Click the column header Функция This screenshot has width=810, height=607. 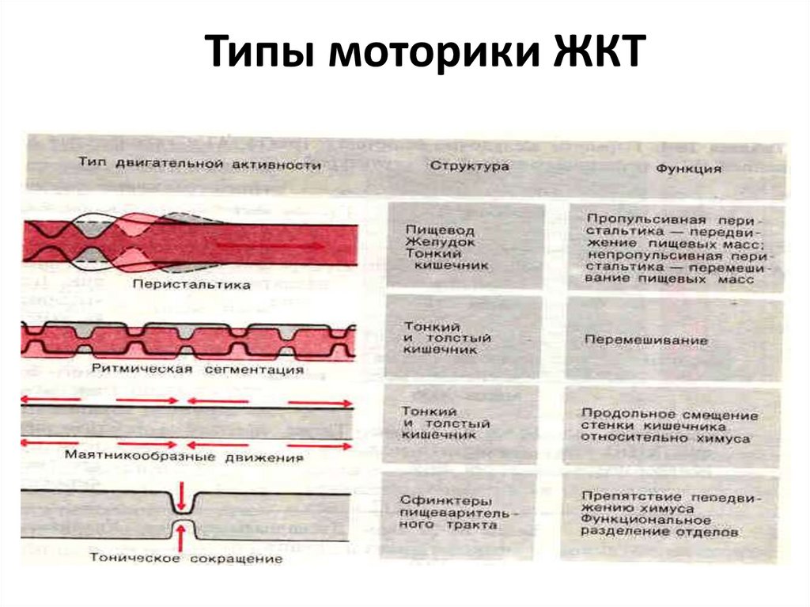pos(688,169)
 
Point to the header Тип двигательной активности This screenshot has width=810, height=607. pos(200,165)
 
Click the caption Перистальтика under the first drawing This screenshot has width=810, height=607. pos(192,283)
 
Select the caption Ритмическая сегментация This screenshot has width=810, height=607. pos(198,370)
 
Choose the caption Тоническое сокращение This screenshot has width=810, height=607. pos(186,559)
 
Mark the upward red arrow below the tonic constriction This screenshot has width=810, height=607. pos(182,538)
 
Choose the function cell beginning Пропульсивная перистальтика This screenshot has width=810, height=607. pos(673,248)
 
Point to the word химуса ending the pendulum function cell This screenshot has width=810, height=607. pos(723,438)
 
